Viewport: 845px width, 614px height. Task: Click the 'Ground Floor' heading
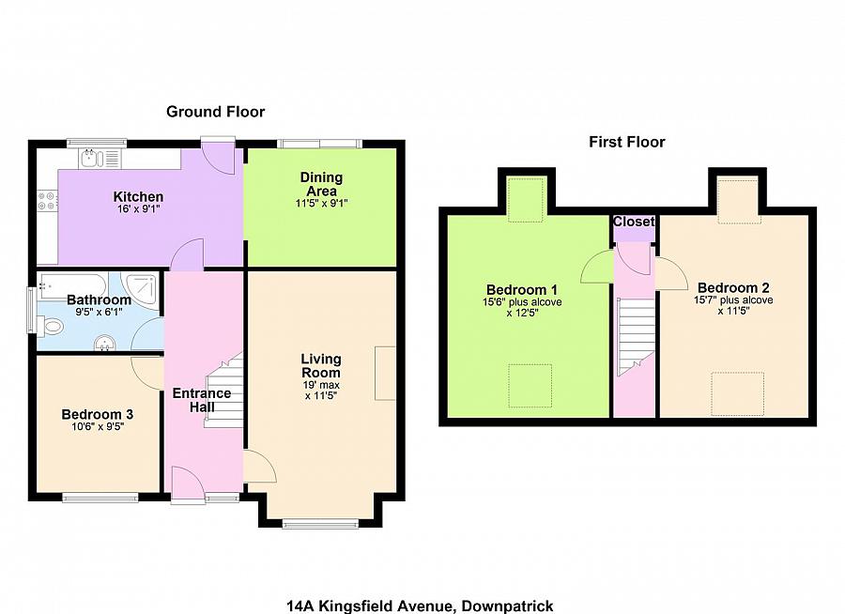point(215,112)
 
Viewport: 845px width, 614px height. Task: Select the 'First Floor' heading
point(626,142)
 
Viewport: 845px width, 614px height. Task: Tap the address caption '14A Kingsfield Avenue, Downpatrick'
point(426,606)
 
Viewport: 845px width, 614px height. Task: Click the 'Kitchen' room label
point(138,196)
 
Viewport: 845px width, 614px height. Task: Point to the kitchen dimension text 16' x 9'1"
point(138,209)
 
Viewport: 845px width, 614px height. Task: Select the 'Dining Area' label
point(321,184)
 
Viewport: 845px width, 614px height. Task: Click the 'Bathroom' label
point(99,299)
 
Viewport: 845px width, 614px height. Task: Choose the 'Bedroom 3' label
point(97,414)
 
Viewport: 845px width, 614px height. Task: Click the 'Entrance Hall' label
point(201,400)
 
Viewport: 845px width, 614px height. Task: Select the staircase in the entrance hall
point(225,390)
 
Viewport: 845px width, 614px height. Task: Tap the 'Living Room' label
point(320,365)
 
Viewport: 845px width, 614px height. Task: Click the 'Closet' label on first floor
point(633,223)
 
